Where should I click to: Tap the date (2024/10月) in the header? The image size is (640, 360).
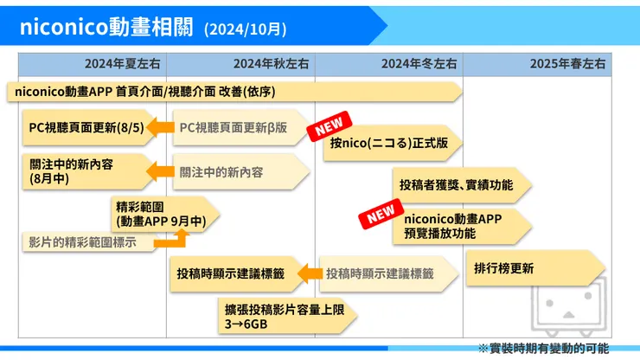click(246, 29)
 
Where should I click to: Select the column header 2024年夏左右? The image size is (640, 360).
click(123, 63)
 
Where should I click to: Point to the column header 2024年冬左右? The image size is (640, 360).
click(419, 63)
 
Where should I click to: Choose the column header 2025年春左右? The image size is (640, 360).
click(568, 63)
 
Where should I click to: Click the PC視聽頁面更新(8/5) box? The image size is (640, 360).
click(80, 128)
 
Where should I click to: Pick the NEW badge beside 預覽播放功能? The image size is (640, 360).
click(381, 215)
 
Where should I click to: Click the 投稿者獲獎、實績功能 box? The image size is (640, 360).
click(457, 184)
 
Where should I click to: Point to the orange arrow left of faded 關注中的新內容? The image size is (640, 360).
click(160, 172)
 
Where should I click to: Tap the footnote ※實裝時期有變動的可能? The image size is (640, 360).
click(543, 348)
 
